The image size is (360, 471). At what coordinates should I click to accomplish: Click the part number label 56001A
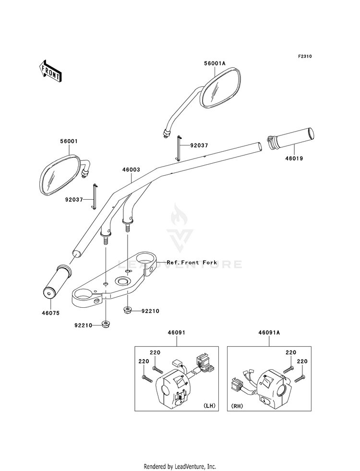point(215,63)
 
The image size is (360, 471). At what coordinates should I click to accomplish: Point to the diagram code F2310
point(305,56)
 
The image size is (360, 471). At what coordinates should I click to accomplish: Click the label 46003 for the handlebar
point(131,169)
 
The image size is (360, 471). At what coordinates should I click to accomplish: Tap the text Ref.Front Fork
point(192,262)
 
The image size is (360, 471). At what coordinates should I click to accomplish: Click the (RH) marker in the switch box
point(237,406)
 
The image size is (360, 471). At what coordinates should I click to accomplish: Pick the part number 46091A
point(269,333)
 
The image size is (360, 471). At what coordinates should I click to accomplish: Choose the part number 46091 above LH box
point(176,333)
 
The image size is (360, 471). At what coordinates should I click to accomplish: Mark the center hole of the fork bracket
point(123,281)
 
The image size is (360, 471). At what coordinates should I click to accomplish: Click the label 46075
point(50,313)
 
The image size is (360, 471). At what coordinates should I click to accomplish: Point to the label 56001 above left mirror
point(69,141)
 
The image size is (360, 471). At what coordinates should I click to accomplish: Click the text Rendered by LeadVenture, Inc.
point(180,467)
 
